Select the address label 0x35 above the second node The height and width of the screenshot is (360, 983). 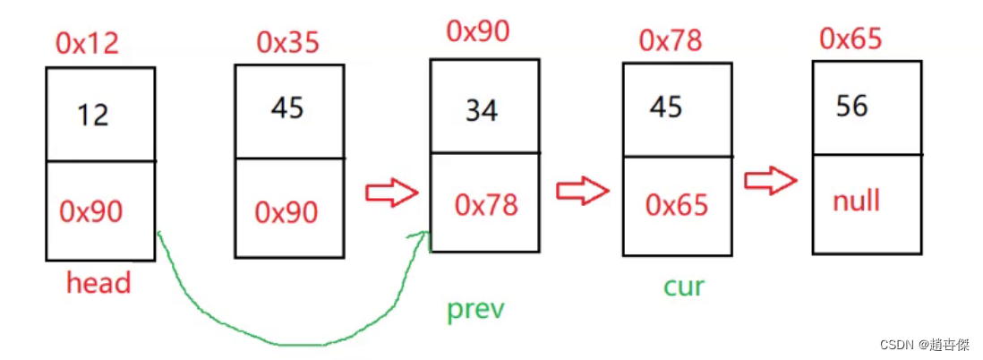(x=288, y=41)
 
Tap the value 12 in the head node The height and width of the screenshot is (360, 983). (x=93, y=115)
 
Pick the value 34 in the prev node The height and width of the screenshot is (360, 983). (x=482, y=111)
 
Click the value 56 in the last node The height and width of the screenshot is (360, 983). (x=851, y=107)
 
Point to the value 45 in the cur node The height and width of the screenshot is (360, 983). (x=666, y=107)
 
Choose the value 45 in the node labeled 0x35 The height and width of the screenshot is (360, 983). (x=287, y=108)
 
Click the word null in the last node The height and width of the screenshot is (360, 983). (x=856, y=201)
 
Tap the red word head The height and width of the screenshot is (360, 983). (x=98, y=283)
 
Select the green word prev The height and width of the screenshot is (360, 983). (x=476, y=310)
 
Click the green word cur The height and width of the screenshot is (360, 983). (x=684, y=287)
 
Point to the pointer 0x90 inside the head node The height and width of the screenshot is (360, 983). (x=91, y=211)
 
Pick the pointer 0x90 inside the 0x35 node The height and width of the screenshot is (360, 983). (x=286, y=212)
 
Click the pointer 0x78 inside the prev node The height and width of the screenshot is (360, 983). (x=486, y=205)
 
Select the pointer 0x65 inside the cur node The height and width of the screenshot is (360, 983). (x=677, y=205)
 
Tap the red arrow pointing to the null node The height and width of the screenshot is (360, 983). (x=771, y=181)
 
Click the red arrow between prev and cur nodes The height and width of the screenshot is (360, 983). (x=582, y=190)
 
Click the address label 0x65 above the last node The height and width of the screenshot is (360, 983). (x=851, y=39)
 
